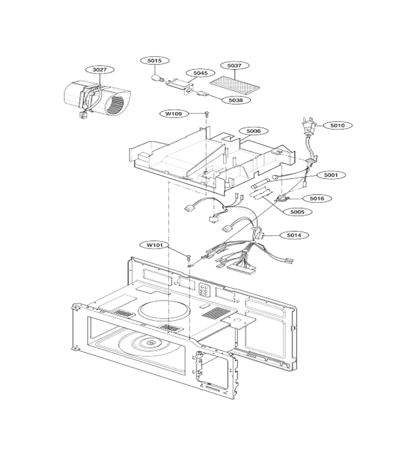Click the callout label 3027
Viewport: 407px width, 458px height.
pyautogui.click(x=100, y=70)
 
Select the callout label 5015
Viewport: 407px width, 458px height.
pyautogui.click(x=155, y=61)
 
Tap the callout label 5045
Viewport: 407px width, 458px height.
pyautogui.click(x=200, y=73)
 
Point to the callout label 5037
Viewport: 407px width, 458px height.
pyautogui.click(x=235, y=66)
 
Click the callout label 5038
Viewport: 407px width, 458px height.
pyautogui.click(x=236, y=100)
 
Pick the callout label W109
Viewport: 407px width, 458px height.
pyautogui.click(x=174, y=113)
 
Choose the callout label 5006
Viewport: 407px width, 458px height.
pyautogui.click(x=253, y=131)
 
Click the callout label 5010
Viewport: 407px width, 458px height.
pyautogui.click(x=337, y=125)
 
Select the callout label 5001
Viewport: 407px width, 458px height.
pyautogui.click(x=331, y=175)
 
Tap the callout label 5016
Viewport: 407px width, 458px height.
pyautogui.click(x=317, y=198)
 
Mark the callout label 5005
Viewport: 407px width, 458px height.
pyautogui.click(x=297, y=212)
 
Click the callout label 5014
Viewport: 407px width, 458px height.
pyautogui.click(x=294, y=235)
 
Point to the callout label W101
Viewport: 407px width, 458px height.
pyautogui.click(x=155, y=245)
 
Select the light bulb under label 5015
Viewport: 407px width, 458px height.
pyautogui.click(x=156, y=78)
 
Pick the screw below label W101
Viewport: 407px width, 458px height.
pyautogui.click(x=189, y=257)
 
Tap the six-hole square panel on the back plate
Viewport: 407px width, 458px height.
pyautogui.click(x=204, y=290)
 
